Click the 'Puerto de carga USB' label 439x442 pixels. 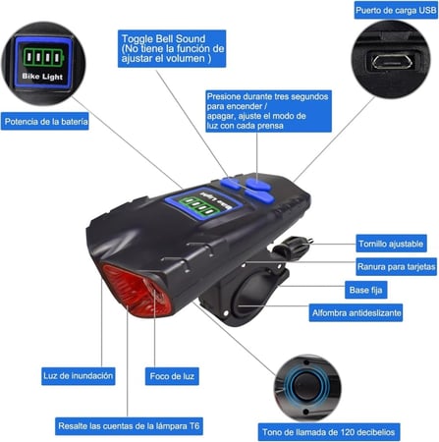tap(396, 10)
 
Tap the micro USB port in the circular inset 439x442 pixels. tap(393, 62)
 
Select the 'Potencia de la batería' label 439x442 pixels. tap(45, 122)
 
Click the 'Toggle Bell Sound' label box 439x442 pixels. tap(172, 48)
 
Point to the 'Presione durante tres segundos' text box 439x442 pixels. tap(268, 111)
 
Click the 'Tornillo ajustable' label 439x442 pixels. tap(391, 244)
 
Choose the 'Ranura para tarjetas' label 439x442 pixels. tap(396, 266)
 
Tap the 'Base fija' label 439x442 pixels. tap(365, 290)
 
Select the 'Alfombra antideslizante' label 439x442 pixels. tap(356, 312)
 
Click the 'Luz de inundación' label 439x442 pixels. tap(79, 375)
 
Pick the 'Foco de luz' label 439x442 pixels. tap(172, 376)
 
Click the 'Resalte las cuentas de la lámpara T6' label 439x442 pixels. tap(129, 426)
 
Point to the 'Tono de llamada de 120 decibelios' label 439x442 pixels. tap(329, 432)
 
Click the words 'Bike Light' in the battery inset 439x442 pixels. tap(42, 77)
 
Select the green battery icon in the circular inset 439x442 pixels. tap(43, 57)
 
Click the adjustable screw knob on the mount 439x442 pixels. tap(291, 247)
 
